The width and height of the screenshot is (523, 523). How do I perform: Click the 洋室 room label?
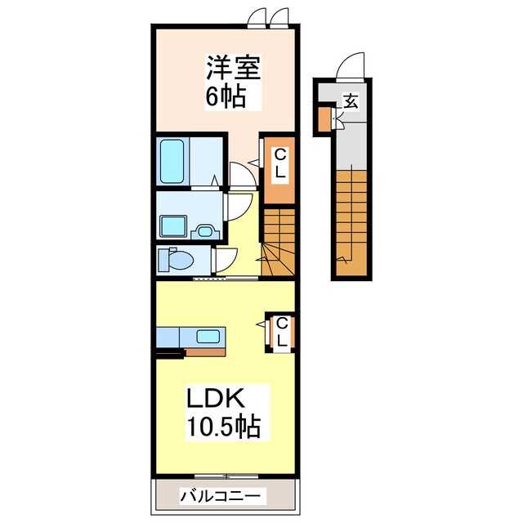click(x=233, y=68)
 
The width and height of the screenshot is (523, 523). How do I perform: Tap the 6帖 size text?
click(x=226, y=96)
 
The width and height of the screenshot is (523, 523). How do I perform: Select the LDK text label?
click(x=216, y=398)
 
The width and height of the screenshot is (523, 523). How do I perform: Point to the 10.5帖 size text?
click(x=223, y=427)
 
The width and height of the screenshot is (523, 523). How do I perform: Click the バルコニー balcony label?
click(x=220, y=496)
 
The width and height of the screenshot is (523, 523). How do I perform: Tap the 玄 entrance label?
click(x=351, y=101)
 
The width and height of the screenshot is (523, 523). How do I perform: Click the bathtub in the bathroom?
click(x=172, y=162)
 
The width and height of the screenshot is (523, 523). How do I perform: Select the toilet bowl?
click(x=181, y=259)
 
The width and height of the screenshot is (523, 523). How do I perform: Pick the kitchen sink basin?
click(x=208, y=336)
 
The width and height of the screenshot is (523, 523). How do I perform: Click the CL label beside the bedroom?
click(x=279, y=163)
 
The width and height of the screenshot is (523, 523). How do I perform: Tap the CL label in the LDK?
click(x=282, y=332)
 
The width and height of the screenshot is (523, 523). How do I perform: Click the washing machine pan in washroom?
click(x=172, y=226)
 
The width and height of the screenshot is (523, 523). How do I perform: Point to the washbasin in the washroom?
click(x=205, y=230)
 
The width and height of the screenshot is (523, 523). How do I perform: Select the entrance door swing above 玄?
click(x=350, y=66)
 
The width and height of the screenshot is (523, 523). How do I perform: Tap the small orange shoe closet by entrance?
click(x=324, y=119)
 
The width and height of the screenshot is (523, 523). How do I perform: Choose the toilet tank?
click(x=163, y=259)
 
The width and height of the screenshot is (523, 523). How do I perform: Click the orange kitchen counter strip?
click(x=205, y=352)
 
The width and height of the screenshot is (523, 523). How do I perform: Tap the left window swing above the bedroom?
click(x=257, y=16)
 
